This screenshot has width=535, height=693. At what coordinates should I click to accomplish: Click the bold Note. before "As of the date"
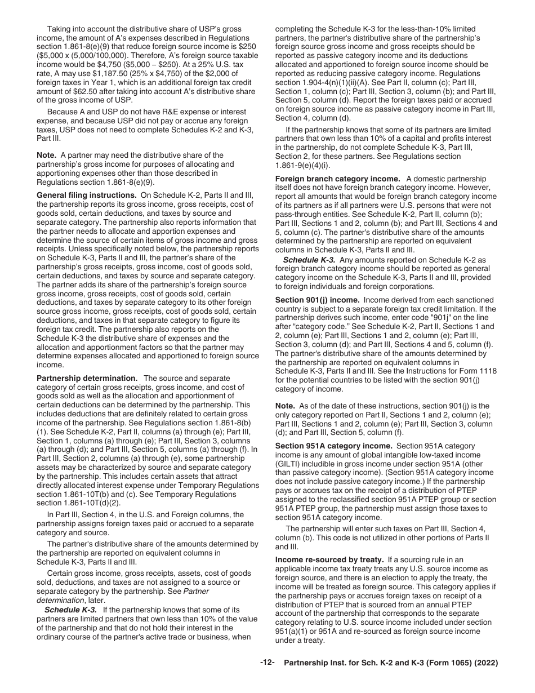tap(285, 405)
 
